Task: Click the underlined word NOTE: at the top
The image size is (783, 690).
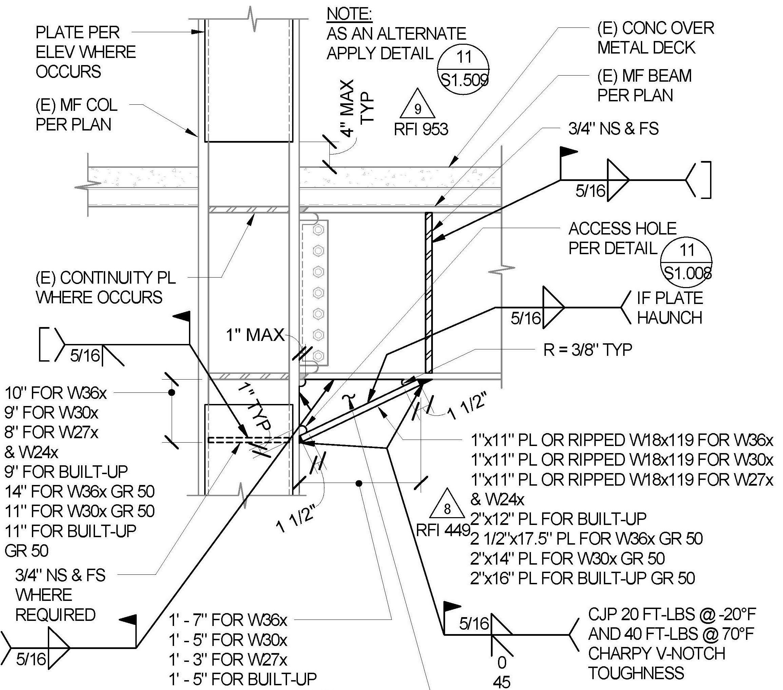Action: (x=349, y=14)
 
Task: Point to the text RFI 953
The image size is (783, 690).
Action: (x=421, y=129)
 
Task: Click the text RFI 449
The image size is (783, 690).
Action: (x=443, y=530)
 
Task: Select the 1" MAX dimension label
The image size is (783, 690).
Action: (x=255, y=335)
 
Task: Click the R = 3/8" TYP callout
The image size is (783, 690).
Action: (x=587, y=349)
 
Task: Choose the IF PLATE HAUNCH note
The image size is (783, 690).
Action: (x=670, y=308)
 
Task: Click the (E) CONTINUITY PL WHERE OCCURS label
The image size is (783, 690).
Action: (x=106, y=287)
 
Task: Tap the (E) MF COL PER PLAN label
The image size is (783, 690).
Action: (x=76, y=115)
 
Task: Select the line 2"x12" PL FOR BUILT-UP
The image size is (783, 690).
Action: (x=558, y=519)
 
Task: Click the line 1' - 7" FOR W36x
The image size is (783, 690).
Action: (x=228, y=620)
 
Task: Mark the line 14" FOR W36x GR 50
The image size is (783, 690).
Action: (x=80, y=491)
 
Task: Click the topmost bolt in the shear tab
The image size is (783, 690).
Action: (x=318, y=230)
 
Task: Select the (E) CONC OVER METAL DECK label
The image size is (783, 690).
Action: (x=655, y=38)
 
